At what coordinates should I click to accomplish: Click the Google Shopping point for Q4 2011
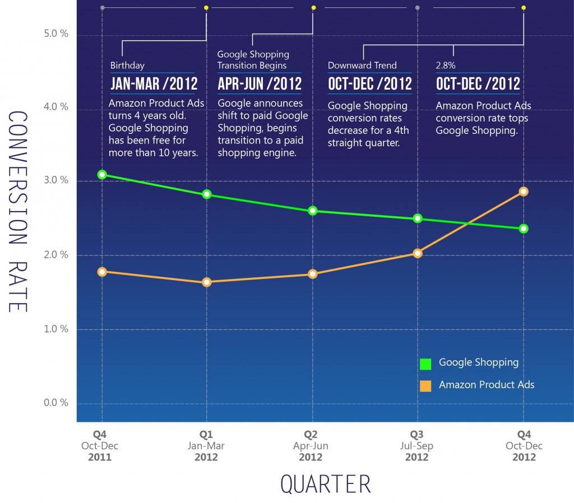[x=102, y=174]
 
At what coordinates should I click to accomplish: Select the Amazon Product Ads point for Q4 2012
[x=524, y=192]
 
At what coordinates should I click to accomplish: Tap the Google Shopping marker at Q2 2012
[x=313, y=211]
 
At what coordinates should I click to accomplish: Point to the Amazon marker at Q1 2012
[x=207, y=282]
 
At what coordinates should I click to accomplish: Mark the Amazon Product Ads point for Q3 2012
[x=418, y=253]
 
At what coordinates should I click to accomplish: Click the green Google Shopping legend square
[x=425, y=364]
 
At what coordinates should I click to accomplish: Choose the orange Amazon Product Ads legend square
[x=425, y=386]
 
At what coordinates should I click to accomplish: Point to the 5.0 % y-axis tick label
[x=56, y=34]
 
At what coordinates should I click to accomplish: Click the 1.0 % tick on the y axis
[x=56, y=329]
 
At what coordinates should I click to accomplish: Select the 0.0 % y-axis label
[x=56, y=403]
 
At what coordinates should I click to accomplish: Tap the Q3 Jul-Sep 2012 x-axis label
[x=418, y=446]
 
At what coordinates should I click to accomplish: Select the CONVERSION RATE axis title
[x=19, y=211]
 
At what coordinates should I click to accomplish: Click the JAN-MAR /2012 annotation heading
[x=154, y=84]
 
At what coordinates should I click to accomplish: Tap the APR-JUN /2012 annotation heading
[x=260, y=84]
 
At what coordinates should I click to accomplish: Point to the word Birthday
[x=127, y=66]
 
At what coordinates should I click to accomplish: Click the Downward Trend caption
[x=362, y=66]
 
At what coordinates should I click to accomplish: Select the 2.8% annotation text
[x=446, y=66]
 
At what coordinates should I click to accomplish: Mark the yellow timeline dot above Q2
[x=313, y=8]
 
